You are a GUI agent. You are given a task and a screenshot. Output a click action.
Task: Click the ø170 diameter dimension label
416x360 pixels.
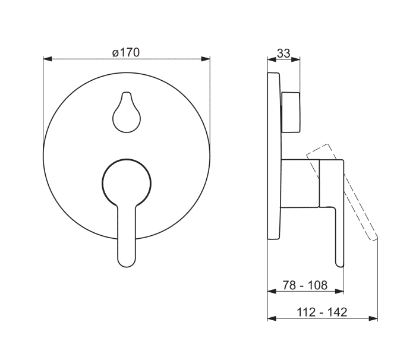[126, 52]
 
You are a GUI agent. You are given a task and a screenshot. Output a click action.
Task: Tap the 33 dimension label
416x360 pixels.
[283, 53]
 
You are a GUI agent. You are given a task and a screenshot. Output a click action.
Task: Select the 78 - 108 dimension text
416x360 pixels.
[305, 285]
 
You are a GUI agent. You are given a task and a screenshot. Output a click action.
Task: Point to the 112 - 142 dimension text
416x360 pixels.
[322, 312]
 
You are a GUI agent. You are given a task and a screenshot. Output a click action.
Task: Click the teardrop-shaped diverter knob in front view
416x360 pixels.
[127, 112]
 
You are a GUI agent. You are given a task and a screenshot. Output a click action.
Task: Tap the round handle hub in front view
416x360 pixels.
[127, 182]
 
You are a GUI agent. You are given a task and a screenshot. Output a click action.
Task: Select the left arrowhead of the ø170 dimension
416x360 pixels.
[47, 59]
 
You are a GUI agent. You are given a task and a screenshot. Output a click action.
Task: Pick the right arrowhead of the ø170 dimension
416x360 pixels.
[206, 59]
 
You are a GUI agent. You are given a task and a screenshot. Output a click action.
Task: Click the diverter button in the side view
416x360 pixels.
[291, 112]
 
